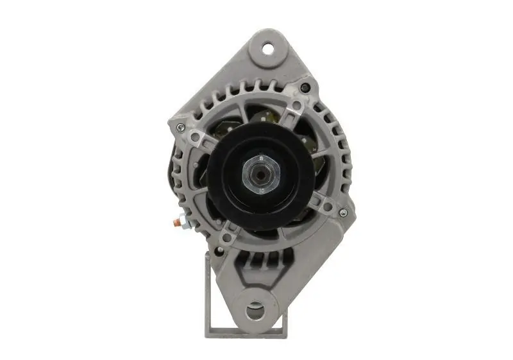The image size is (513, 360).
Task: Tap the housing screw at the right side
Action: point(343,213)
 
